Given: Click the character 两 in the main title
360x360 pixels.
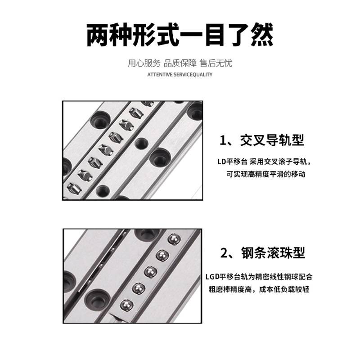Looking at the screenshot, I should point(99,36).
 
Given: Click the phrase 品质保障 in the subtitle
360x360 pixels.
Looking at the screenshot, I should point(180,63).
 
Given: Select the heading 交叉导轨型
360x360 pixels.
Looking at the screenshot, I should point(272,140).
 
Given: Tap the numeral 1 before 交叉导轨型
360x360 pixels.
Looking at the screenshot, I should point(224,140).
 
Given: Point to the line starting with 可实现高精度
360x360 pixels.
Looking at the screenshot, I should point(266,174).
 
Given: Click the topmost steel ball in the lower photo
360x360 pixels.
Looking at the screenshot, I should point(171,238).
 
